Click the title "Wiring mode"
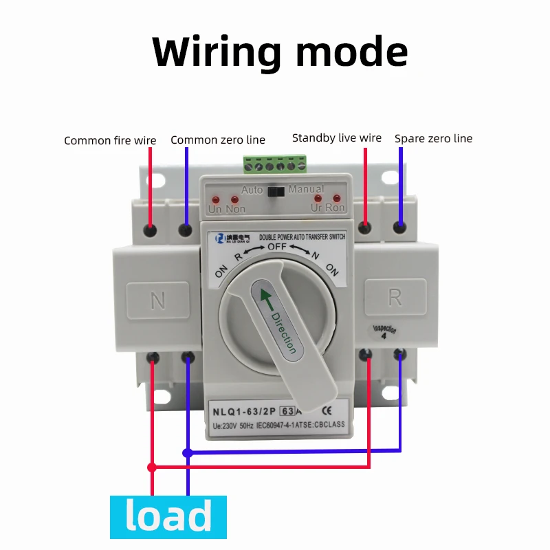(280, 51)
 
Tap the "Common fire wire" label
(110, 141)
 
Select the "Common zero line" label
(217, 140)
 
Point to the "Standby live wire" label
(336, 138)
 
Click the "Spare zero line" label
(433, 139)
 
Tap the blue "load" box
(168, 517)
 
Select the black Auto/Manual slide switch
(277, 190)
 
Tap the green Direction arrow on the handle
(263, 298)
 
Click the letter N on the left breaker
(157, 300)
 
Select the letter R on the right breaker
(395, 297)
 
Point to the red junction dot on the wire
(152, 467)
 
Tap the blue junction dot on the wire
(187, 452)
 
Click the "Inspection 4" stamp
(384, 332)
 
